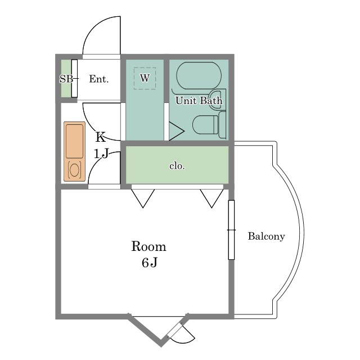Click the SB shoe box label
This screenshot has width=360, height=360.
(66, 79)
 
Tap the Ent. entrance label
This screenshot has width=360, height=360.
(99, 79)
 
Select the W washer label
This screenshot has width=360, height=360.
(145, 78)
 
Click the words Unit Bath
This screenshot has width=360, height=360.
(199, 101)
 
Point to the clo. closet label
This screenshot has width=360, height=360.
(177, 166)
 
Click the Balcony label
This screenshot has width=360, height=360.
(266, 236)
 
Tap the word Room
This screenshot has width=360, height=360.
(148, 246)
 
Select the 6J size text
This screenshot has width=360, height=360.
(150, 263)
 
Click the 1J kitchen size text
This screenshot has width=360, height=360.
(101, 154)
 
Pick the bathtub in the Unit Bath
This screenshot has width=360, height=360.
(199, 75)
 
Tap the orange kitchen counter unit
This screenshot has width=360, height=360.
(74, 151)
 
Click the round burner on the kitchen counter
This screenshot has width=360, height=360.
(74, 170)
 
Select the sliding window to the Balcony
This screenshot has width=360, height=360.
(231, 230)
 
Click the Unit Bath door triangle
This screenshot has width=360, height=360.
(176, 131)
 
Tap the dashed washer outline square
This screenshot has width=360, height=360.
(145, 78)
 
